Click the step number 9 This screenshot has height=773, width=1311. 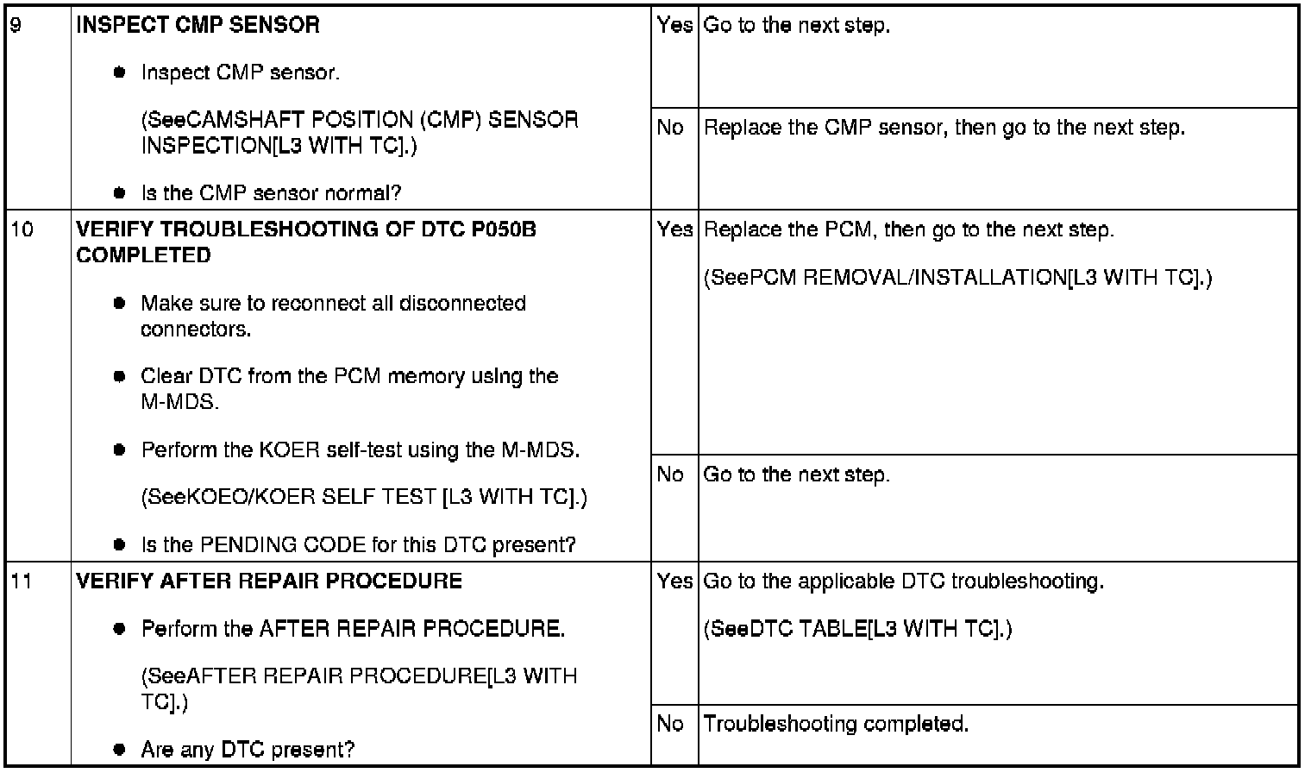click(x=16, y=25)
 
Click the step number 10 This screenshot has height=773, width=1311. click(x=22, y=229)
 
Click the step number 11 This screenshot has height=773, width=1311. click(x=22, y=581)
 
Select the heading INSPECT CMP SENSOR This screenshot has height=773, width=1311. click(x=198, y=25)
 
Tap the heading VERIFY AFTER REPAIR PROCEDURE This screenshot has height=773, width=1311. click(x=269, y=581)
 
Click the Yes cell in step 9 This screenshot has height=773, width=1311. click(x=674, y=25)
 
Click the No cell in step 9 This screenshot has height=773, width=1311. click(x=670, y=128)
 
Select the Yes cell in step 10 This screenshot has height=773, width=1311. click(x=674, y=229)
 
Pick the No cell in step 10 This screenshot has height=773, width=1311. click(x=670, y=474)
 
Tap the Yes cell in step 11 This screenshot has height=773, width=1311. click(x=674, y=581)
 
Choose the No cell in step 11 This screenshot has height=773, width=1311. click(x=670, y=724)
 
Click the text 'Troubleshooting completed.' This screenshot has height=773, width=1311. click(x=836, y=724)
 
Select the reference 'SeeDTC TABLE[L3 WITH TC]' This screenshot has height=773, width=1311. click(x=857, y=629)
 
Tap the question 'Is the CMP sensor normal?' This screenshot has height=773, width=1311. click(x=271, y=193)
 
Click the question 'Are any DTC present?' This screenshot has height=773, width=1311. click(x=248, y=749)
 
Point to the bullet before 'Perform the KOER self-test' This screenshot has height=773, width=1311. click(x=120, y=450)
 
